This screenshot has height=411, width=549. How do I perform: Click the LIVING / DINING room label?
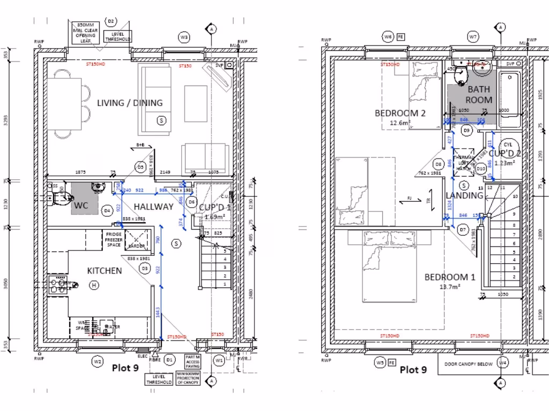click(x=130, y=103)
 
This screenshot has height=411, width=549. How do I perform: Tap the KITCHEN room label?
click(x=105, y=271)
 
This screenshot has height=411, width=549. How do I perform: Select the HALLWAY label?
click(x=153, y=207)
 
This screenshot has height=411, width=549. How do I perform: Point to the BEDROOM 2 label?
click(x=400, y=113)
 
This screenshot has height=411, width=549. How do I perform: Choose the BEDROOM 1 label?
click(x=450, y=277)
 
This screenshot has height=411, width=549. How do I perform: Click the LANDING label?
click(x=465, y=195)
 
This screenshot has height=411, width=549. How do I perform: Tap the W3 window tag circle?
click(x=184, y=37)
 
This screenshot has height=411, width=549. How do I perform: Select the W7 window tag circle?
click(x=472, y=37)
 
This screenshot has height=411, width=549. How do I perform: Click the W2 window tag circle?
click(x=97, y=362)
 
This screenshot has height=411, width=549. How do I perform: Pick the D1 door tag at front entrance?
click(x=170, y=362)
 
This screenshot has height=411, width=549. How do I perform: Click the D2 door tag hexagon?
click(x=111, y=21)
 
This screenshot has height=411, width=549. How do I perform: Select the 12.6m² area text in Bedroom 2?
click(x=400, y=123)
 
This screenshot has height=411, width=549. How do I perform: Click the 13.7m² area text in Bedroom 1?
click(x=450, y=287)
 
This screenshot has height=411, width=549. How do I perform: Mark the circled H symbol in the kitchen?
click(x=94, y=286)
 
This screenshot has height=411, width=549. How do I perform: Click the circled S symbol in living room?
click(x=160, y=120)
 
